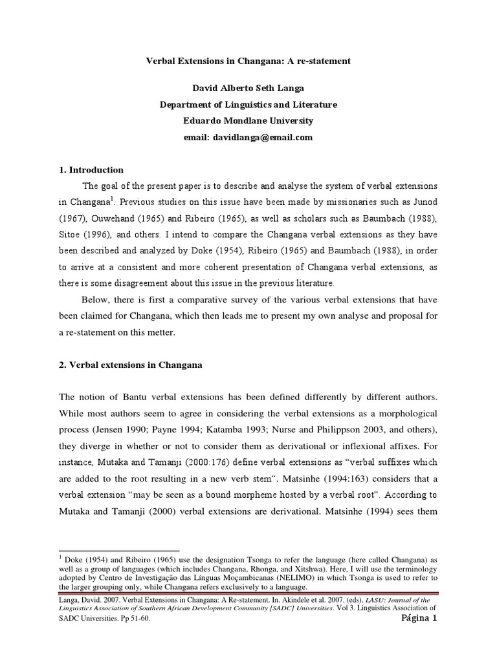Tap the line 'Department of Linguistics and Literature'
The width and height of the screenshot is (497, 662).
(248, 104)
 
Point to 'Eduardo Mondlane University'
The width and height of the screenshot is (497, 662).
(248, 120)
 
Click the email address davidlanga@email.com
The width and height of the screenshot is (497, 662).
(248, 137)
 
